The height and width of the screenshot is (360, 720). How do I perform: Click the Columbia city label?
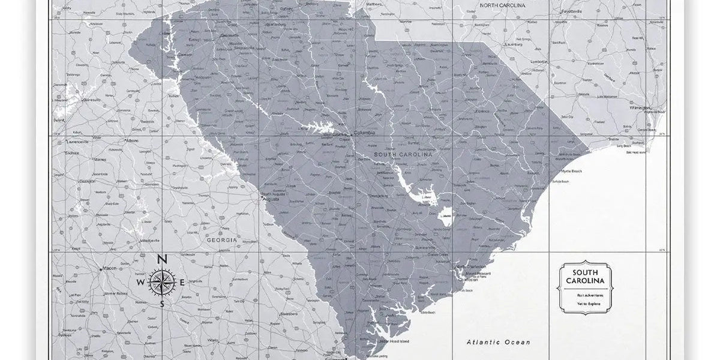[x=365, y=133]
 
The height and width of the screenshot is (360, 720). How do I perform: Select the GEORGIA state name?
[x=221, y=239]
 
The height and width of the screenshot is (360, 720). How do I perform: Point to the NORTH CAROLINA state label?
[x=506, y=5]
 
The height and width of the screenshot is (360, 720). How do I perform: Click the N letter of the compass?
[x=161, y=260]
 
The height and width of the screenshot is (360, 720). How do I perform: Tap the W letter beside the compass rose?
[x=140, y=283]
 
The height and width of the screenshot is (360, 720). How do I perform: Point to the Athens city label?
[x=131, y=140]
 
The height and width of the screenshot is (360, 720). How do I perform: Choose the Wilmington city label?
[x=640, y=108]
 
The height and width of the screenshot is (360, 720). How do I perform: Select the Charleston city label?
[x=468, y=280]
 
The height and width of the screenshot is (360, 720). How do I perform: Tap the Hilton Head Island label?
[x=394, y=341]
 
